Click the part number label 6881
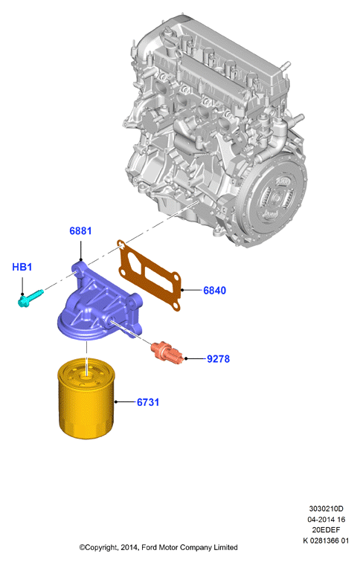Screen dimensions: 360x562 [80, 230]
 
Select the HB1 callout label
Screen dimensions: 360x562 [22, 267]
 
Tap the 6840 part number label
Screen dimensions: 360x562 [215, 291]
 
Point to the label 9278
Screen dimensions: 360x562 [219, 359]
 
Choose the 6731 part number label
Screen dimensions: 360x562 [148, 402]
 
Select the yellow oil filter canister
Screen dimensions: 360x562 [86, 401]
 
